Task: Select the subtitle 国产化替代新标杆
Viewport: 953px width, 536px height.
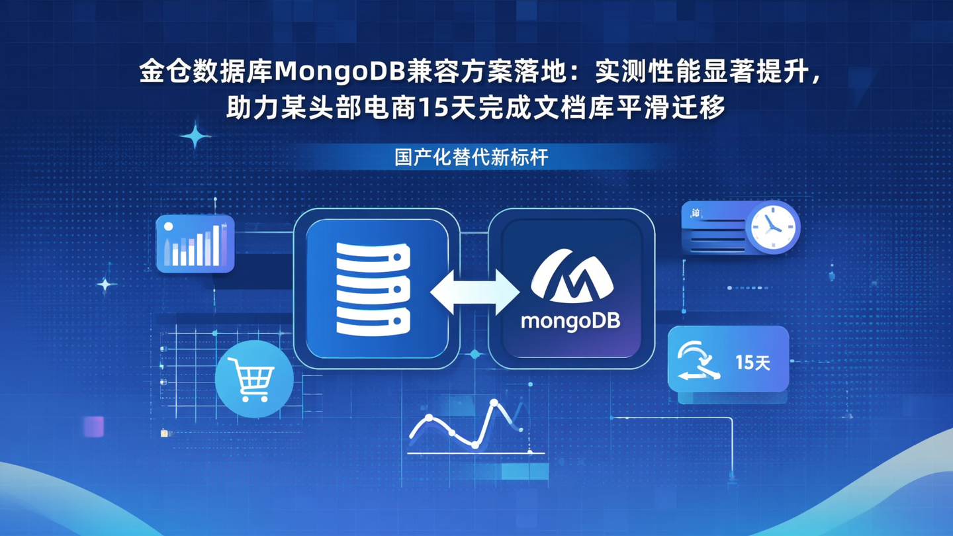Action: click(x=471, y=158)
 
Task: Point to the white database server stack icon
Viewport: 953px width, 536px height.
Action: click(x=373, y=289)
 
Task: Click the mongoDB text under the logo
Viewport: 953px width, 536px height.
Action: click(x=570, y=322)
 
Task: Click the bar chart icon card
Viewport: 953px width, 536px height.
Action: click(x=195, y=244)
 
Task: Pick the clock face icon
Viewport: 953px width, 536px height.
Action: click(x=772, y=227)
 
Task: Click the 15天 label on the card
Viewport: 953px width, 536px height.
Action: click(x=752, y=363)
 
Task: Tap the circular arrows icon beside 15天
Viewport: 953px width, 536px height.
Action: click(x=698, y=361)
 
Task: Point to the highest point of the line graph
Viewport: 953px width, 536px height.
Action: click(x=494, y=402)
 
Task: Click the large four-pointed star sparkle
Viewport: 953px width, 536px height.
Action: click(x=195, y=136)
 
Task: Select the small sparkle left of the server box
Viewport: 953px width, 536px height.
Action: click(x=105, y=285)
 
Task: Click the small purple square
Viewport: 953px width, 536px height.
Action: click(x=94, y=426)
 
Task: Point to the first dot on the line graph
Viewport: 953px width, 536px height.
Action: click(x=429, y=418)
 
